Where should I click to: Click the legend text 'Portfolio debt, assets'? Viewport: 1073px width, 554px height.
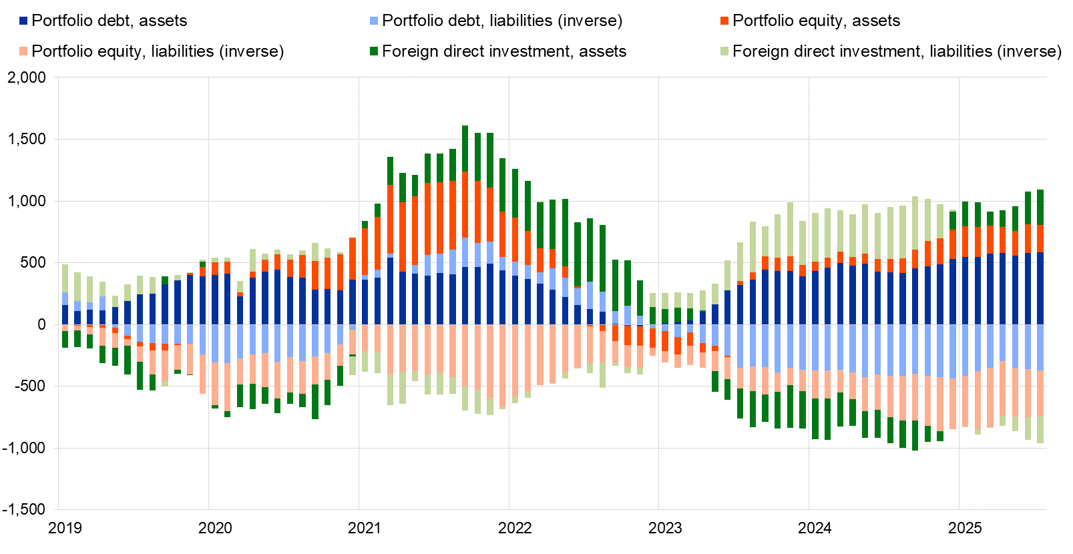click(x=110, y=21)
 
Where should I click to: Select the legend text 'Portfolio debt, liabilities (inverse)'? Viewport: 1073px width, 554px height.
click(x=502, y=21)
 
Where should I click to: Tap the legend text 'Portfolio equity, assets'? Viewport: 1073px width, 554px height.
click(x=816, y=21)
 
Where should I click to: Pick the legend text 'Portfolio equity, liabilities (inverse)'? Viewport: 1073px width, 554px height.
click(x=158, y=51)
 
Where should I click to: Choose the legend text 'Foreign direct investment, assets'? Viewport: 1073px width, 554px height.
click(x=504, y=51)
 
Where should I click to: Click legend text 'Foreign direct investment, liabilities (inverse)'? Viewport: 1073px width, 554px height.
click(x=897, y=51)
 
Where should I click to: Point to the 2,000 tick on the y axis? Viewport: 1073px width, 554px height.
click(x=27, y=77)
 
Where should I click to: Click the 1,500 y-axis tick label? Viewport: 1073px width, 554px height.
click(x=27, y=139)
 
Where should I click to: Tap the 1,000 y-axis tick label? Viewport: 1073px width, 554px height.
click(x=27, y=201)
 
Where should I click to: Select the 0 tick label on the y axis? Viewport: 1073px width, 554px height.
click(x=42, y=324)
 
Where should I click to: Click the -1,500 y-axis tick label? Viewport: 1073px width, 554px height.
click(x=24, y=509)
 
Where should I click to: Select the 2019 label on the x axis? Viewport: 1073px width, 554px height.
click(x=65, y=528)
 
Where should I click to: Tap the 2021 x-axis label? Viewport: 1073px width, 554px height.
click(x=365, y=528)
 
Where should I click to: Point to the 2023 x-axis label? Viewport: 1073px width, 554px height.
click(x=665, y=528)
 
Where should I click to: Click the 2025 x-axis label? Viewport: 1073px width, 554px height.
click(x=965, y=528)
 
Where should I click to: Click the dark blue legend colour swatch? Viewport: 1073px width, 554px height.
click(x=24, y=21)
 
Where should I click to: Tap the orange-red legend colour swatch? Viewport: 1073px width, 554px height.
click(x=724, y=21)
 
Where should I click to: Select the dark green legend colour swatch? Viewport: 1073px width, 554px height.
click(x=374, y=51)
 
